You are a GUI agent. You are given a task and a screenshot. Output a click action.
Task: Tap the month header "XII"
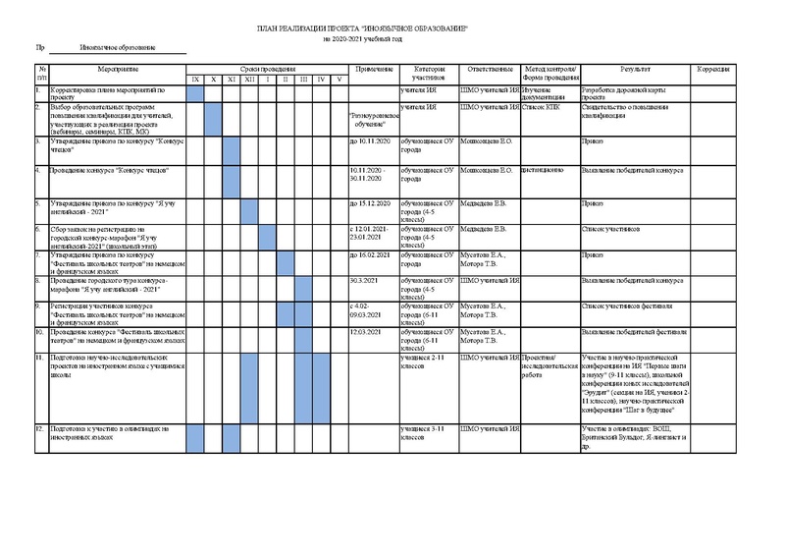[x=249, y=79]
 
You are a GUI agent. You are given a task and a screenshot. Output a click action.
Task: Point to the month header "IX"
[x=195, y=79]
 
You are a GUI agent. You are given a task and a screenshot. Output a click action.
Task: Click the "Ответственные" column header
[x=490, y=69]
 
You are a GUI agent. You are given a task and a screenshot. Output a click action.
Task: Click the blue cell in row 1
[x=195, y=93]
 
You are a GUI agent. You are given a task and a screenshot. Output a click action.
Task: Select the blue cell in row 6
[x=267, y=237]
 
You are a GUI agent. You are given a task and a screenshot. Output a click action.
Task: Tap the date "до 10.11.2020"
[x=370, y=141]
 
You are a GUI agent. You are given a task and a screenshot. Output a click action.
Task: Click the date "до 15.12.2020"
[x=370, y=203]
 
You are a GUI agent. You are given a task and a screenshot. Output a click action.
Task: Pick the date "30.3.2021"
[x=364, y=281]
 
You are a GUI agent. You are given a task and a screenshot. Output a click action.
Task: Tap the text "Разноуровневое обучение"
[x=374, y=119]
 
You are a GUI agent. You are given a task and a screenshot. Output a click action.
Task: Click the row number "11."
[x=38, y=358]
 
